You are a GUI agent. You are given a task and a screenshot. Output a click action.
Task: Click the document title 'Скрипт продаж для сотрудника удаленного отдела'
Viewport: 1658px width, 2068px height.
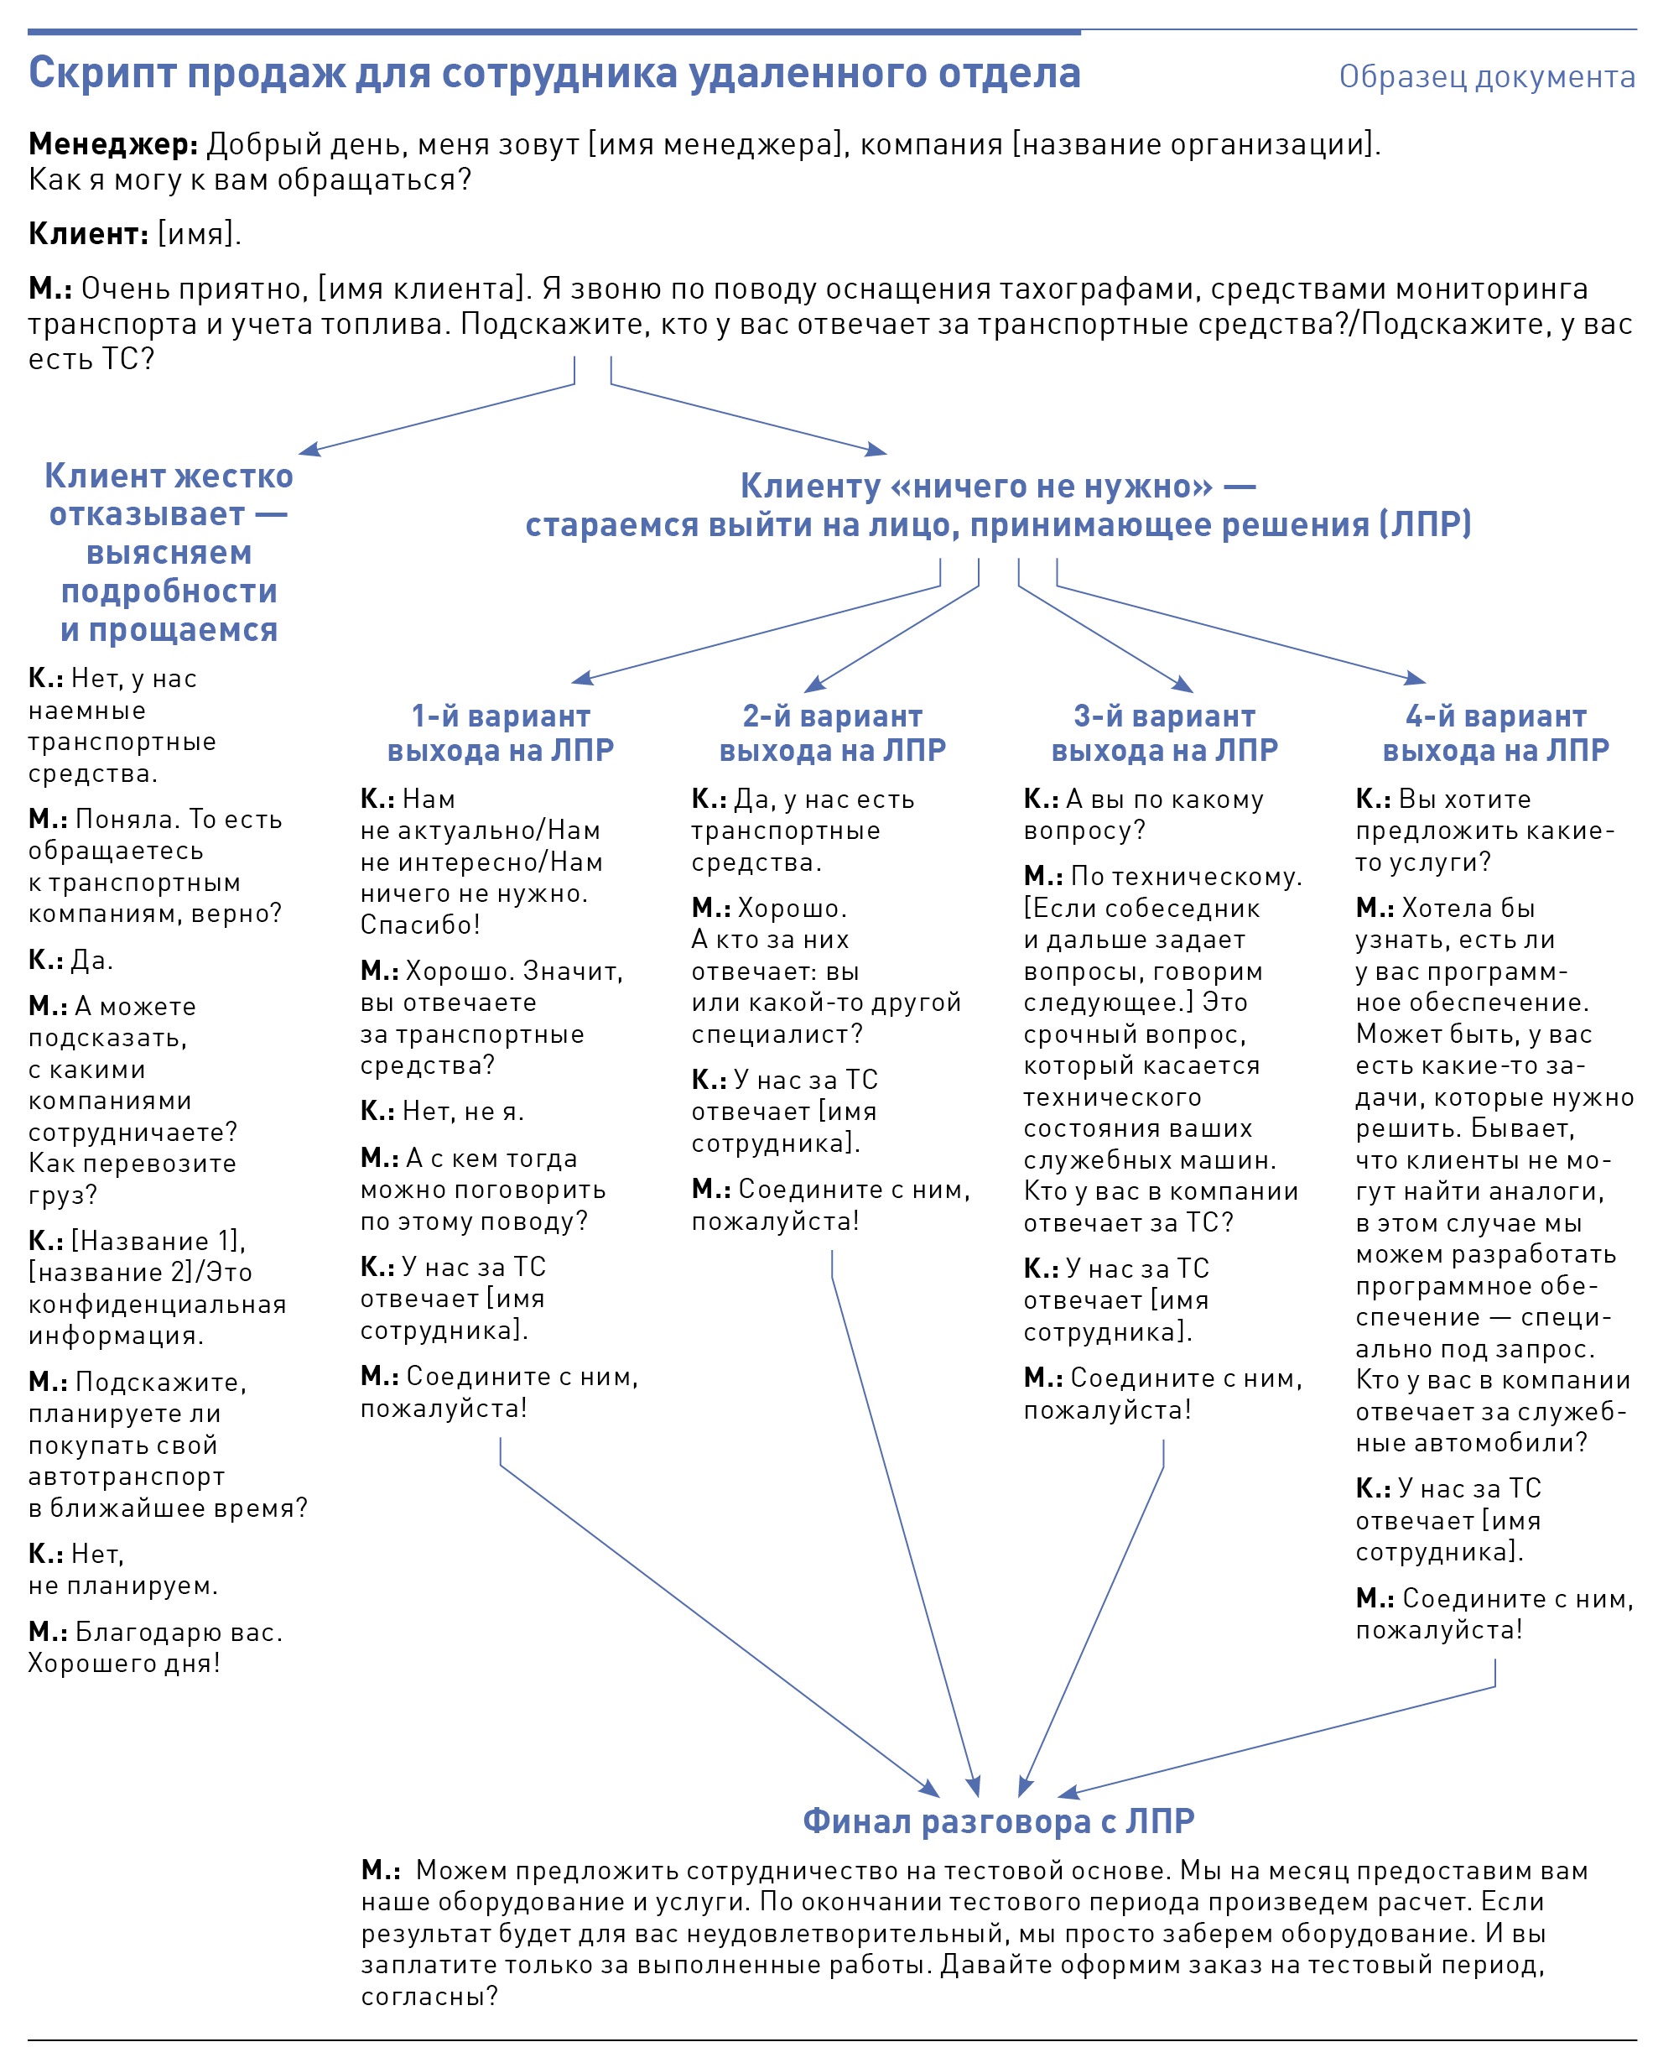(554, 73)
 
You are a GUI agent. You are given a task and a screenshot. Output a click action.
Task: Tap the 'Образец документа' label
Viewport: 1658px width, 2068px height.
(1485, 76)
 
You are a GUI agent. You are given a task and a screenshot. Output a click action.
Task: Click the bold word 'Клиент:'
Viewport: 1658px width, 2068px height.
(88, 233)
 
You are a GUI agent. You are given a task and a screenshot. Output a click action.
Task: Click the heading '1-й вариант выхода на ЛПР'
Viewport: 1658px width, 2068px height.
(500, 732)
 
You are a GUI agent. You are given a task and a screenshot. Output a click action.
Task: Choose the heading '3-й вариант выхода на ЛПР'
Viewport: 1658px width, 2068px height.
(1164, 732)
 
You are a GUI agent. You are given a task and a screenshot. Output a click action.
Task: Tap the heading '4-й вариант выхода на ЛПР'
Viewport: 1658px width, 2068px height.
(1495, 732)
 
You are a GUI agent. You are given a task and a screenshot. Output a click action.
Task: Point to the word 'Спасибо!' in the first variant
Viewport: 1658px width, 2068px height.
(420, 925)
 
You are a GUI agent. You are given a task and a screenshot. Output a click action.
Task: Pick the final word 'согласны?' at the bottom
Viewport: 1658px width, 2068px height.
(429, 1996)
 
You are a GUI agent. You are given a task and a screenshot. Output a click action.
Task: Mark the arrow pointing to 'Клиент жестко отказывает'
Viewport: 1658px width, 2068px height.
(436, 417)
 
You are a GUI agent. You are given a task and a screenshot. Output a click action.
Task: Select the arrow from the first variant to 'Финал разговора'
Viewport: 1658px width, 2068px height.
(720, 1631)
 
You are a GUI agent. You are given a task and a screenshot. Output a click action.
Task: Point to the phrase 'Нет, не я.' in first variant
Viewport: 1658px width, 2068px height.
(462, 1111)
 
